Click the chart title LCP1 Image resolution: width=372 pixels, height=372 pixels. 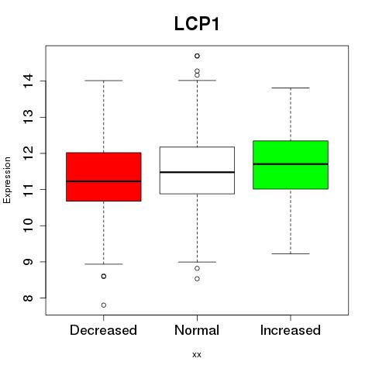point(197,24)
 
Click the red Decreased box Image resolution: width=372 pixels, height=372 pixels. point(104,177)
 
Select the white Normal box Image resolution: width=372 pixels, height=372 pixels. point(197,170)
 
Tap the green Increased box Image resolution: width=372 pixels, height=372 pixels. point(291,165)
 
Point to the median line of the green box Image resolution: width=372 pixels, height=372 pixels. point(291,164)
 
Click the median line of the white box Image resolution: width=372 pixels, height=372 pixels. point(197,172)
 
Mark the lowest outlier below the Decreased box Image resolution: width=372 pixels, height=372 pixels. point(104,305)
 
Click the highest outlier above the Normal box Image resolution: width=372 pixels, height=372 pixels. point(197,56)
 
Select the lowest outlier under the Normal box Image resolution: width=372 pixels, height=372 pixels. point(197,279)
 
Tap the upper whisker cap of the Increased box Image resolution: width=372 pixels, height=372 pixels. point(291,88)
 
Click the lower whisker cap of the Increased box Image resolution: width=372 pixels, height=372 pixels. point(291,253)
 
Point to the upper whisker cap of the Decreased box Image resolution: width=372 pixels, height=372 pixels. point(104,81)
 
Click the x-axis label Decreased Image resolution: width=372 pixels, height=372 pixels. point(103,330)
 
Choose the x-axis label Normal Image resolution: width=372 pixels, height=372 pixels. point(197,330)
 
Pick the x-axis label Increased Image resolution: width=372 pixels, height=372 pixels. point(291,330)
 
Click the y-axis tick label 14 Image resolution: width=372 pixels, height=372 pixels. point(29,81)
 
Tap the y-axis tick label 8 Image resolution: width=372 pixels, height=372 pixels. point(29,298)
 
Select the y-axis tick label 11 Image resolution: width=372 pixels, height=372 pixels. point(29,189)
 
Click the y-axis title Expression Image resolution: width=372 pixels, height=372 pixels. point(7,180)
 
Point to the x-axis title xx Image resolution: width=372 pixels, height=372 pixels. point(197,355)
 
